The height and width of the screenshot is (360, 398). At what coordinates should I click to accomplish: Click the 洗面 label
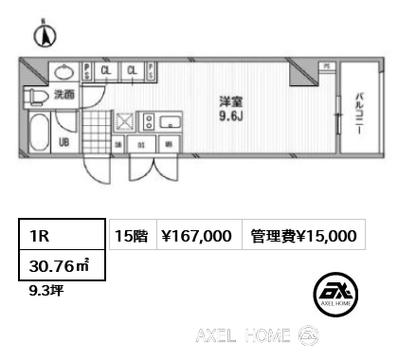coord(64,95)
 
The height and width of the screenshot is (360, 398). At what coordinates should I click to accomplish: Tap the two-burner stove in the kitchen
coord(149,121)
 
